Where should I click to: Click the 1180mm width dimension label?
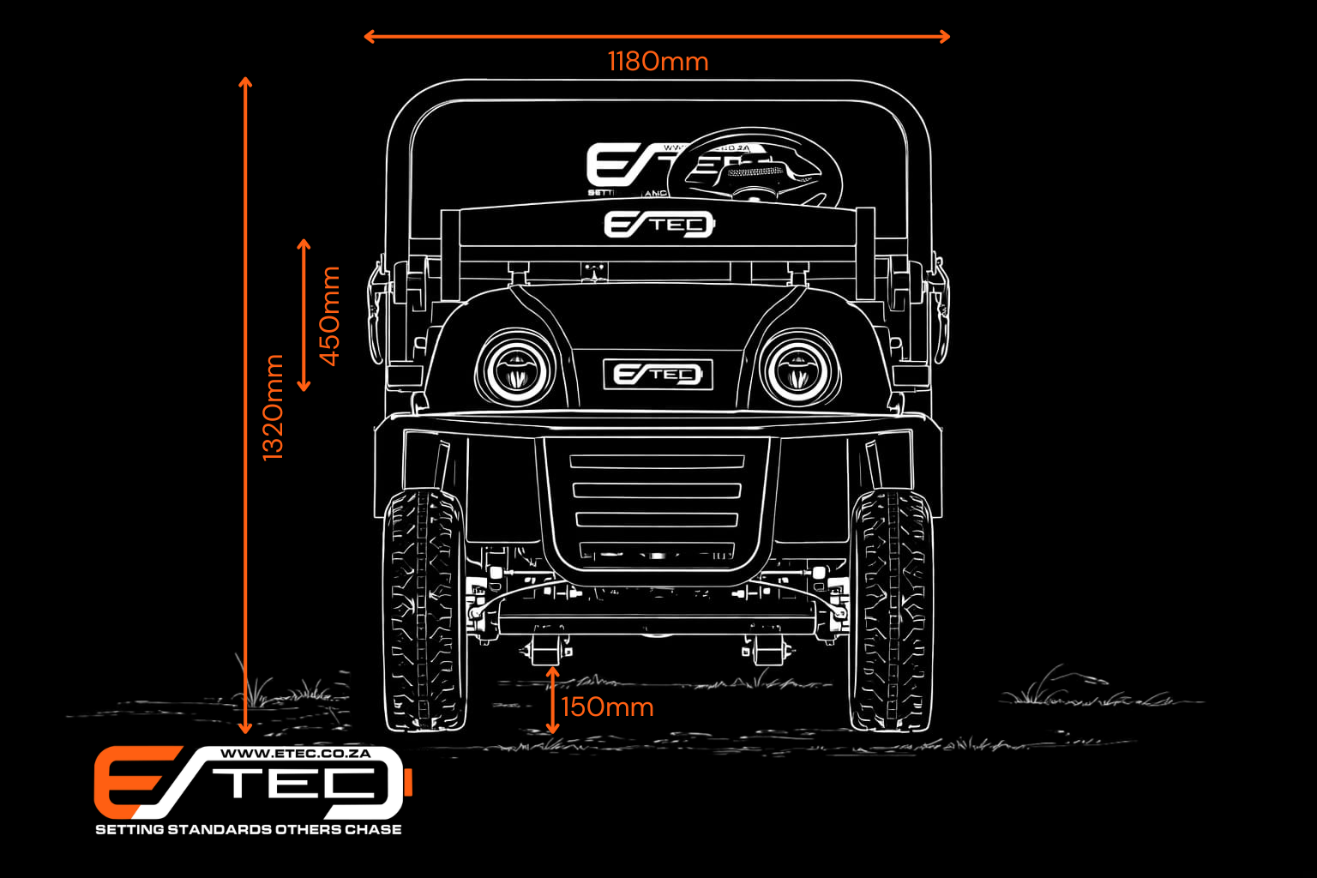pyautogui.click(x=658, y=62)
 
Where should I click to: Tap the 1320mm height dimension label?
pyautogui.click(x=273, y=407)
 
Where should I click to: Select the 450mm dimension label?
pyautogui.click(x=329, y=316)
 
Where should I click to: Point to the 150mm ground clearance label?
pyautogui.click(x=607, y=707)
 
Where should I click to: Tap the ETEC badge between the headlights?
pyautogui.click(x=658, y=375)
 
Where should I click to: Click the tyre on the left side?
pyautogui.click(x=424, y=609)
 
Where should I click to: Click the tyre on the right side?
pyautogui.click(x=891, y=609)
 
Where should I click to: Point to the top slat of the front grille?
pyautogui.click(x=657, y=461)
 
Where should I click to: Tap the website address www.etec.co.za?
pyautogui.click(x=296, y=754)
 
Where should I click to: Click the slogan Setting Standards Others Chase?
pyautogui.click(x=248, y=829)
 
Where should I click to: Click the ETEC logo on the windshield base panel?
pyautogui.click(x=658, y=225)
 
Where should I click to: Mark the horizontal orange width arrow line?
pyautogui.click(x=657, y=36)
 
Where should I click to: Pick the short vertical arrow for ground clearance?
pyautogui.click(x=553, y=701)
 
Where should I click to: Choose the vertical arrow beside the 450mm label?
pyautogui.click(x=304, y=316)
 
